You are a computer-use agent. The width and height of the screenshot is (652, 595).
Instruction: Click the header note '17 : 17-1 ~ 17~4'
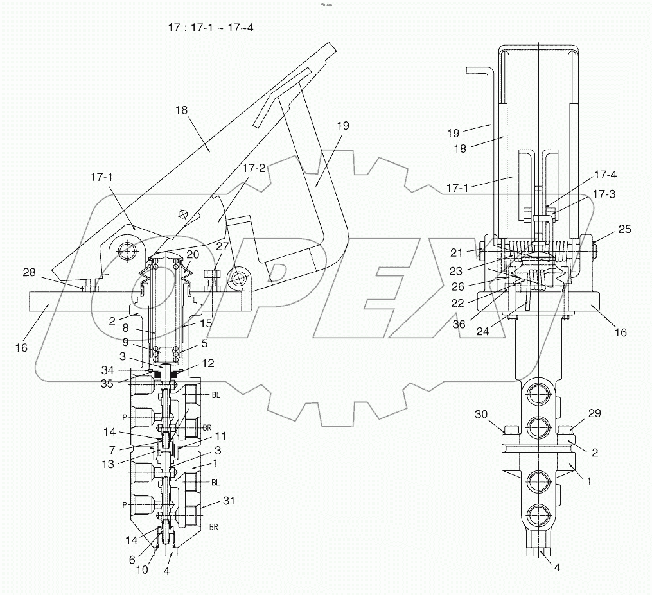209,28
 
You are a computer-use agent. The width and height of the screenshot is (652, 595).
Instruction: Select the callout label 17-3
604,193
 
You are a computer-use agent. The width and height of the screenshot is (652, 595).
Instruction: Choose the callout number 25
624,229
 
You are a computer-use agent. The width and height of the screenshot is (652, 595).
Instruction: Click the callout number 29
594,414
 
